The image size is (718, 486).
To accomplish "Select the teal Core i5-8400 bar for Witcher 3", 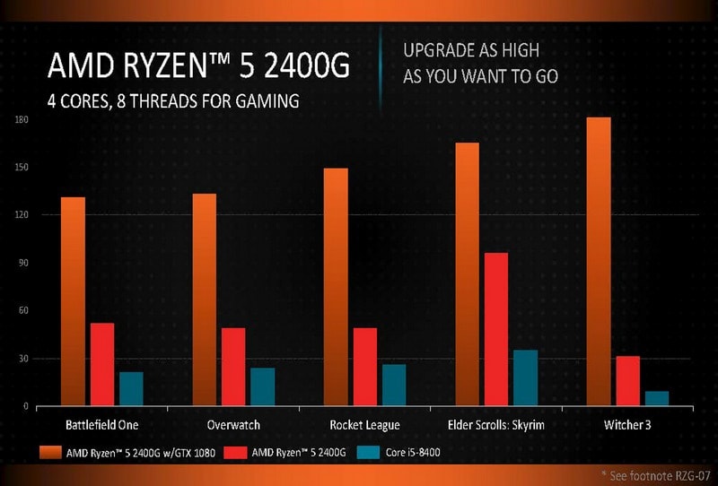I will [657, 399].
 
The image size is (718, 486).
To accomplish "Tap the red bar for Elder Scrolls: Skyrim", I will [496, 329].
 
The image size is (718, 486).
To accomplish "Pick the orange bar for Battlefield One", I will [73, 301].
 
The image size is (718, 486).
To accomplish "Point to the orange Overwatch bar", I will [204, 299].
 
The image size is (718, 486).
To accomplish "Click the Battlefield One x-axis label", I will [102, 424].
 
